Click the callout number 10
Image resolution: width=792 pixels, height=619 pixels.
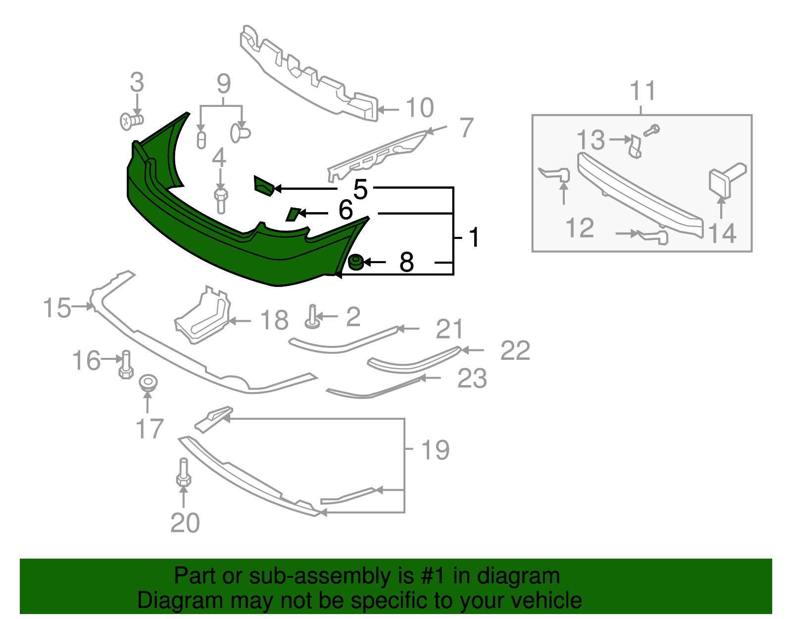point(420,108)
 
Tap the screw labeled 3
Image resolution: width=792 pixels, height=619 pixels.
point(131,120)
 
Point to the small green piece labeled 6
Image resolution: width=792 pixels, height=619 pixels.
point(293,214)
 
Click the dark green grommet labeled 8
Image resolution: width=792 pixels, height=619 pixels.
point(355,262)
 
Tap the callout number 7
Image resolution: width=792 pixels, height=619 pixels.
point(466,128)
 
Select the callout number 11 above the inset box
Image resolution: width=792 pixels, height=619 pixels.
point(643,91)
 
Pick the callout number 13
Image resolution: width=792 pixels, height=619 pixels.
point(591,140)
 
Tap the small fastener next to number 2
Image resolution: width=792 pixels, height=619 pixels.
point(312,317)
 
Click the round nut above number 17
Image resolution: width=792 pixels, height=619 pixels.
point(148,383)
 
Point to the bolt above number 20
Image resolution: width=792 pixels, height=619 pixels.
point(183,472)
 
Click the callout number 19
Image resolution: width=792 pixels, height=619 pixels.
point(435,450)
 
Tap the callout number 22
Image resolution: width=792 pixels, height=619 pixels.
point(515,351)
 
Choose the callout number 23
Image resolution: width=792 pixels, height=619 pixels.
point(472,379)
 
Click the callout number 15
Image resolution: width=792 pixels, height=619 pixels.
point(57,308)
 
